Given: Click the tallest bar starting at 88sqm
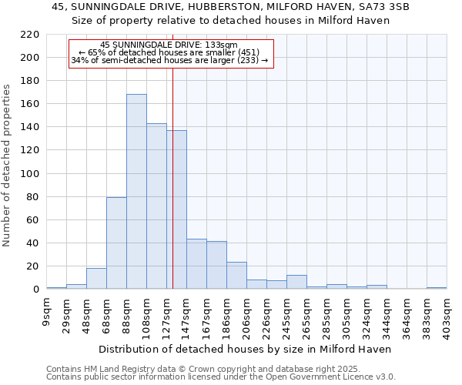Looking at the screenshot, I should point(136,192).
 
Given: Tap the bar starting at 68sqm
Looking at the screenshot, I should point(116,243).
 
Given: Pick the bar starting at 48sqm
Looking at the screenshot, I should point(96,279).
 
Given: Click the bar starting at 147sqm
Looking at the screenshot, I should point(196,264).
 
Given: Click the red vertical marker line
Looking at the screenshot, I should point(172,177).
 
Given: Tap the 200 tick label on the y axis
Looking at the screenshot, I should point(30,58).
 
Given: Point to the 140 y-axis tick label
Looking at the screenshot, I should point(30,127).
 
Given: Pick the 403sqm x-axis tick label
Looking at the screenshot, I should point(447,315).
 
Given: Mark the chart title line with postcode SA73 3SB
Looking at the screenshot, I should point(230,7).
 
